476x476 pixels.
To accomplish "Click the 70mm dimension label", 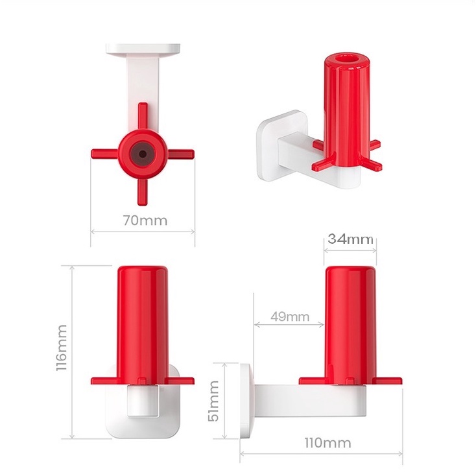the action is click(145, 220).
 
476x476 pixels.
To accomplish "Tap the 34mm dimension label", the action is click(350, 239).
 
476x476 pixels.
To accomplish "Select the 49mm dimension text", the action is click(290, 316).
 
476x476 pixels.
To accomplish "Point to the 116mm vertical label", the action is click(62, 348).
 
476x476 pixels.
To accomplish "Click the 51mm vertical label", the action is click(213, 401).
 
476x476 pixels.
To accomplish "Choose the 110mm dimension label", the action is click(328, 443).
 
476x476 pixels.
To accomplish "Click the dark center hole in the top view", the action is click(143, 154).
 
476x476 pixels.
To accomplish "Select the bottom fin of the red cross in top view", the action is click(143, 192).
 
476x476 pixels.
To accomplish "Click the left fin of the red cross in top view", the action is click(104, 154).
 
